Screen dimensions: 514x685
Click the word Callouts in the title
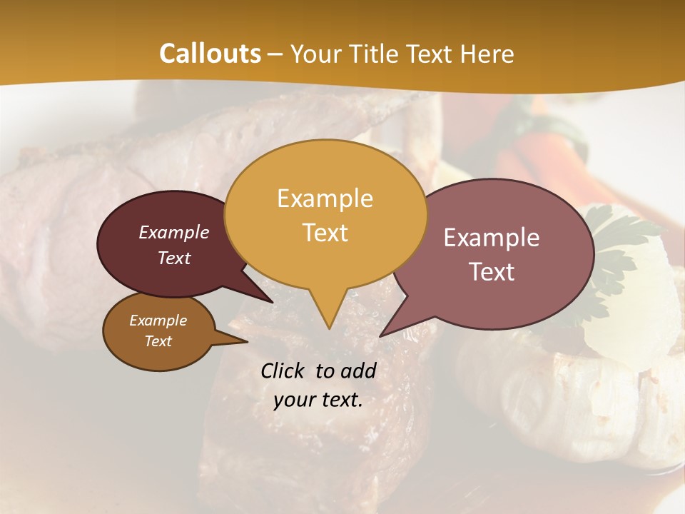210,54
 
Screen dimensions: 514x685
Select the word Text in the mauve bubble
492,272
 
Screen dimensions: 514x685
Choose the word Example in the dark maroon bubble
173,232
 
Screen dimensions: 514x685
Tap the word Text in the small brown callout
158,341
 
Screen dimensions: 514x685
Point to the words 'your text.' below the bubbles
318,400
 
